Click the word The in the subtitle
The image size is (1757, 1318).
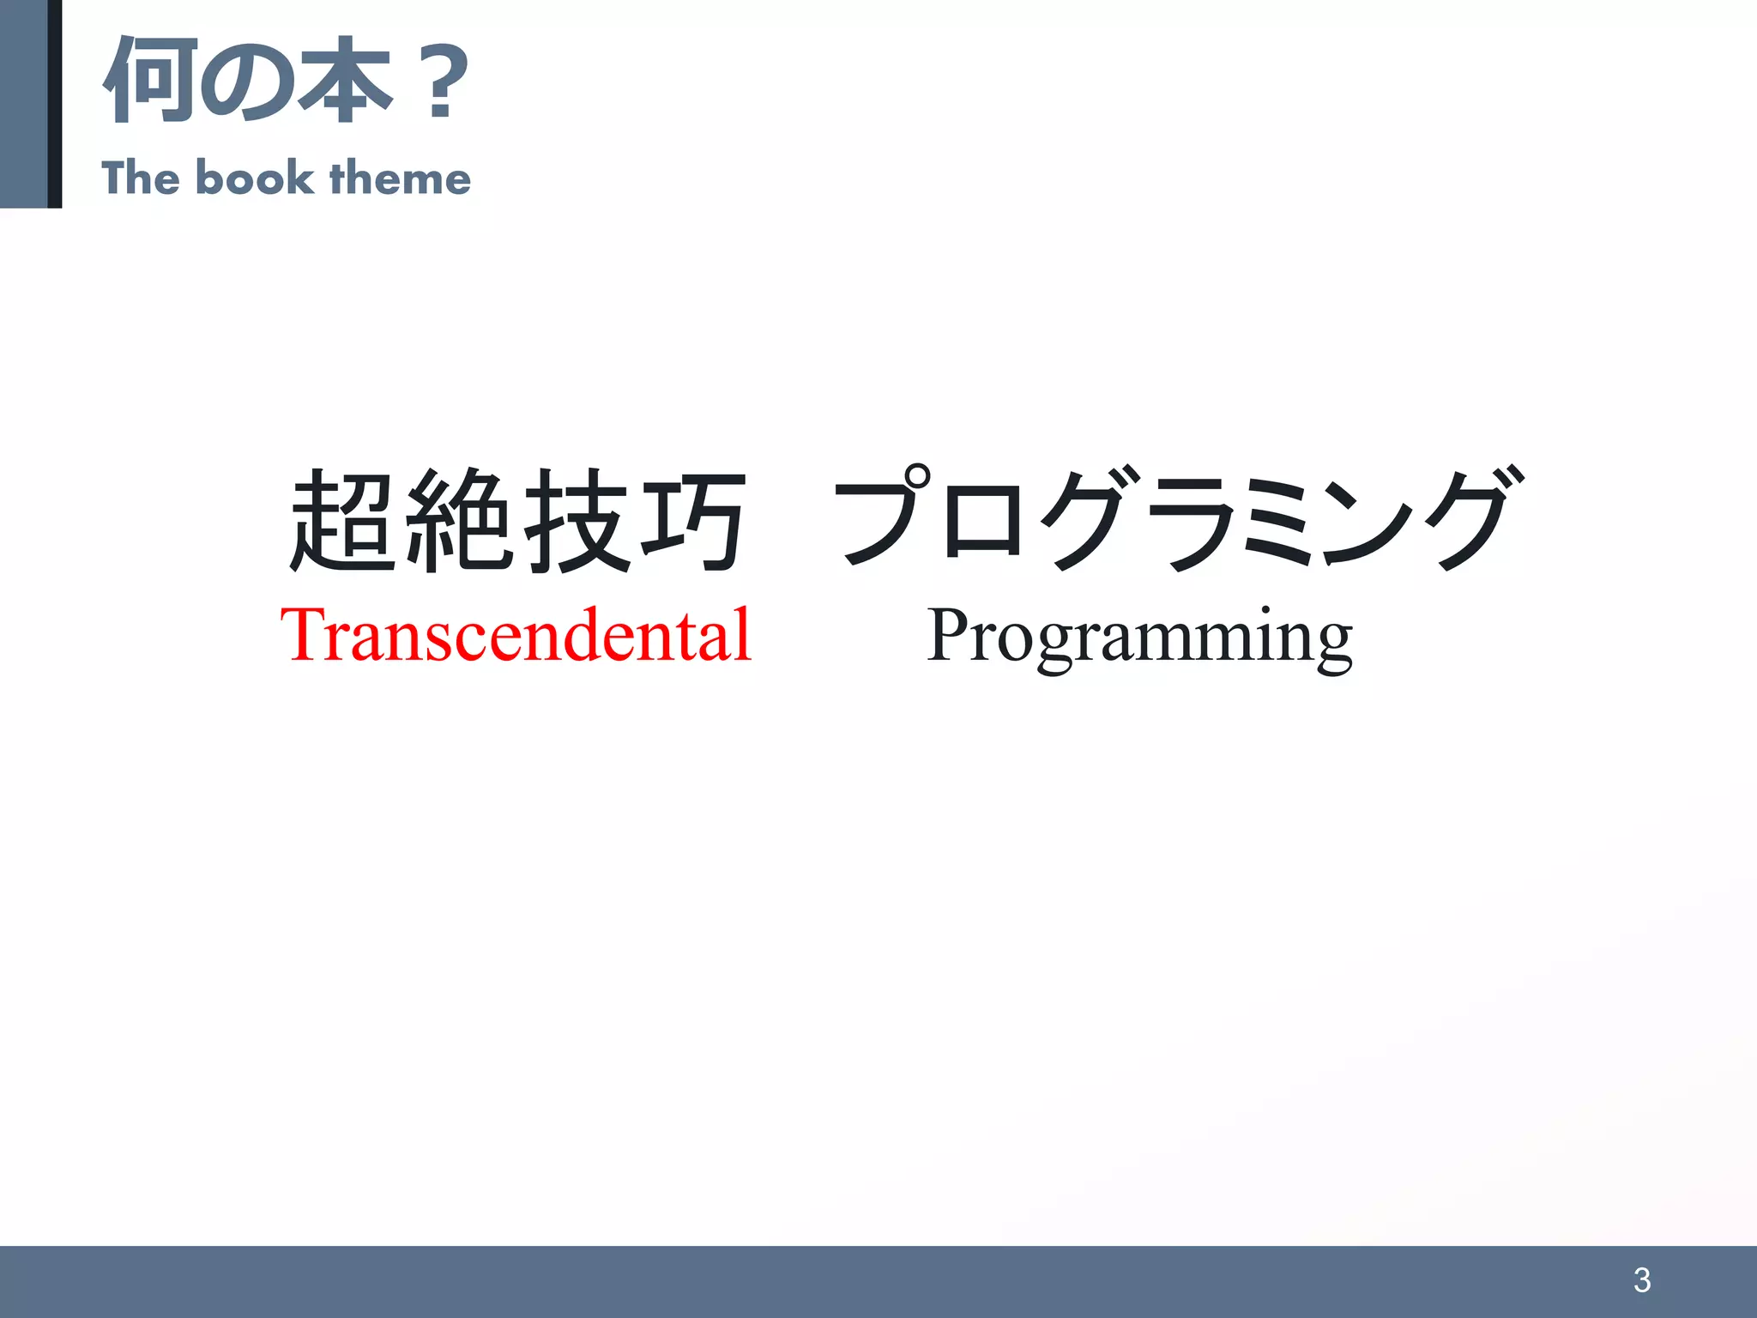[141, 178]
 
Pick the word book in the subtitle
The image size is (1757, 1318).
[255, 178]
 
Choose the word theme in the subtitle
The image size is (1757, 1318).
[400, 178]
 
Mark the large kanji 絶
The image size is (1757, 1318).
[460, 521]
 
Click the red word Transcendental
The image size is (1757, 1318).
[516, 635]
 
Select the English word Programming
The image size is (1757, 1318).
[1139, 637]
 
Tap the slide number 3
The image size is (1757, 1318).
[1642, 1280]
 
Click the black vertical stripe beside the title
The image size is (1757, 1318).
[55, 103]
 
